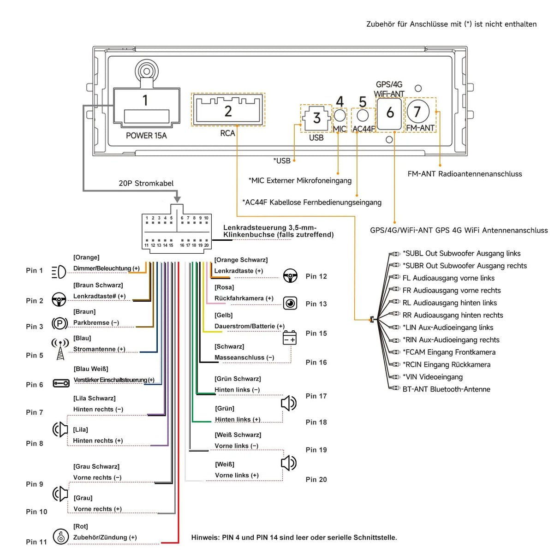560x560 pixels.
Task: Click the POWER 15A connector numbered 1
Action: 147,107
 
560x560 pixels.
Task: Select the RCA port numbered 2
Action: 228,110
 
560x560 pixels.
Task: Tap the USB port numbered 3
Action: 316,118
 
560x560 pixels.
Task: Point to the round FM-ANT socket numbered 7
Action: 418,112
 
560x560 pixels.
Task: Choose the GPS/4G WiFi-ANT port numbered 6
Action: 389,113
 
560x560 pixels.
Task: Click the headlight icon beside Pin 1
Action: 59,272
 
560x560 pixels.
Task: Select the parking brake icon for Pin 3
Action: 60,323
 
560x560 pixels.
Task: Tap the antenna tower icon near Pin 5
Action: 60,349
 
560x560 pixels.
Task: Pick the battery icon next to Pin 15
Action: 289,337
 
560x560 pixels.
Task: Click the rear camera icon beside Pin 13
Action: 290,304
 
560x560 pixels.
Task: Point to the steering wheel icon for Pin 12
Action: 290,275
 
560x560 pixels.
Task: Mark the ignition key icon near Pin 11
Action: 61,536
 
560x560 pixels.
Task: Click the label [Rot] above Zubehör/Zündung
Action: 81,526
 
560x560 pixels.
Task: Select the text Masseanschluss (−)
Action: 244,357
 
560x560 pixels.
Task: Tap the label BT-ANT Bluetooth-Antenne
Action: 446,389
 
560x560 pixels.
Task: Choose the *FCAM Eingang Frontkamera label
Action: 449,352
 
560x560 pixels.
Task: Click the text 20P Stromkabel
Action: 146,184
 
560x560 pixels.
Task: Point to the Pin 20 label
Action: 316,479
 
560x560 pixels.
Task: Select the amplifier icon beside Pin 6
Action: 61,383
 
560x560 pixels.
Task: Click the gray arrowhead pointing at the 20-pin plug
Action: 177,199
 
